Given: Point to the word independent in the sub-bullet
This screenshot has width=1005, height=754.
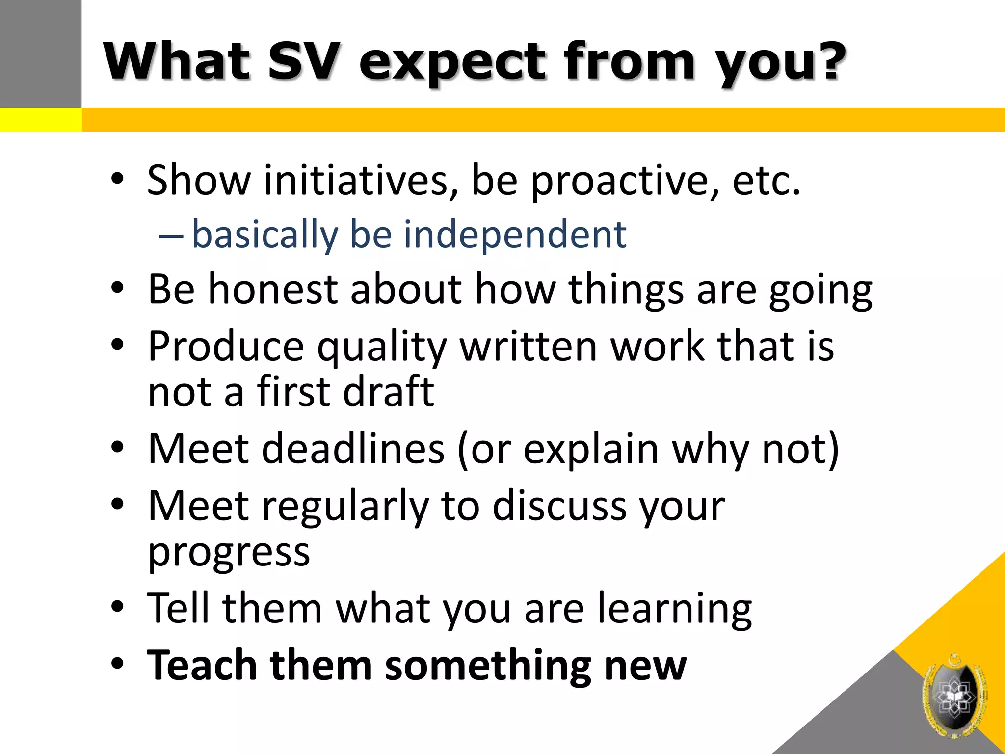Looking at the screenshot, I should tap(515, 235).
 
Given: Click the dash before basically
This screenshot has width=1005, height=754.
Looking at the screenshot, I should tap(171, 236).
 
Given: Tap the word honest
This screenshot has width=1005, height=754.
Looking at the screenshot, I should tap(273, 289).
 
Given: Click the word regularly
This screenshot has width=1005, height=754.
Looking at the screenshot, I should tap(345, 507).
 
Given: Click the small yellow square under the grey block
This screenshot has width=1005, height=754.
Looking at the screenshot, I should tap(40, 120).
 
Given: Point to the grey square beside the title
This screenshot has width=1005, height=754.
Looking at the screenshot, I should tap(40, 54).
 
